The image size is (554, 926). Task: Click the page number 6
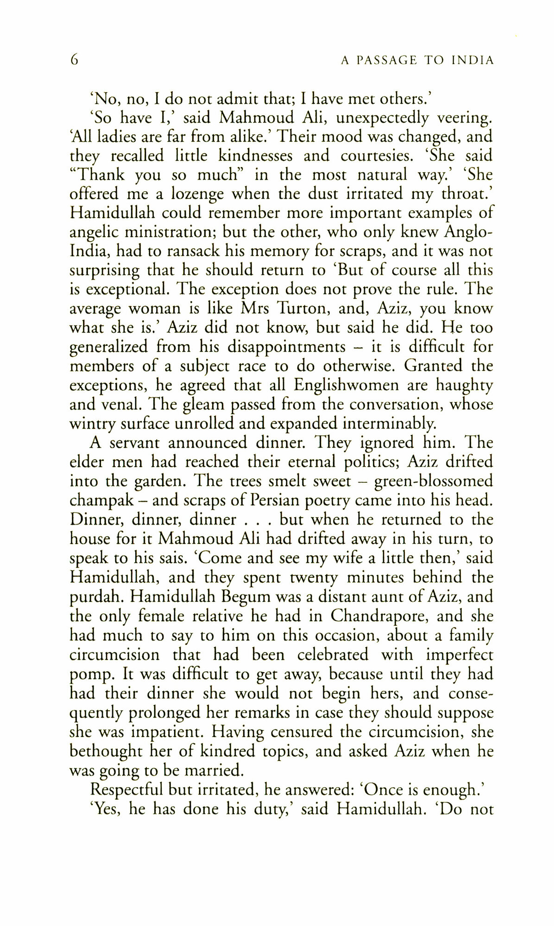[74, 60]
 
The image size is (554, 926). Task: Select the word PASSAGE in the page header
[384, 60]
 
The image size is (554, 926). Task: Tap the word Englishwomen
[346, 385]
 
